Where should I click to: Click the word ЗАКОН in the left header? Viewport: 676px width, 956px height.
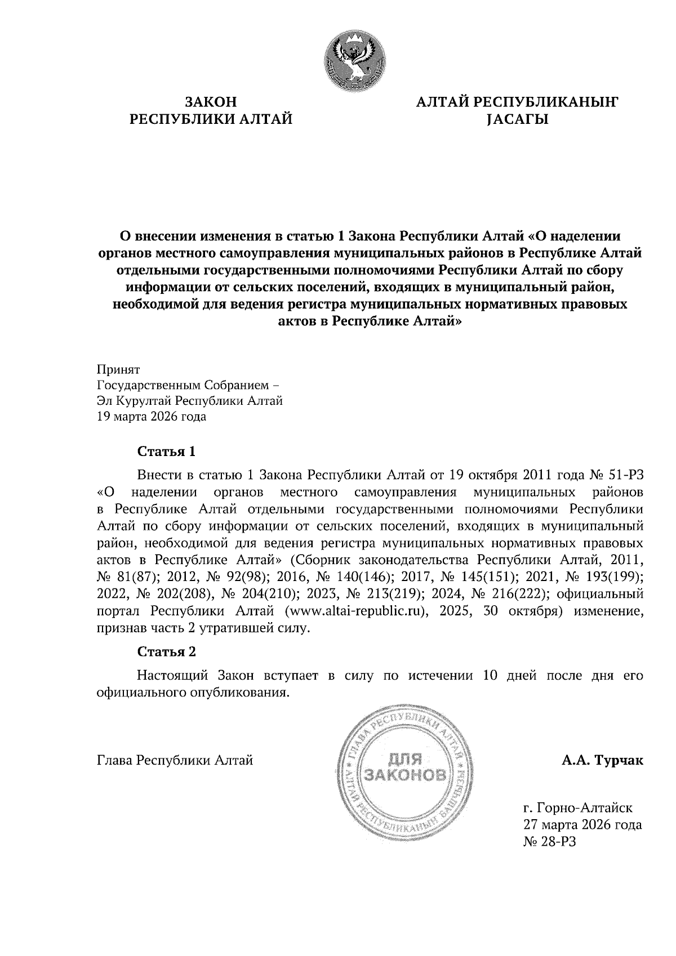211,102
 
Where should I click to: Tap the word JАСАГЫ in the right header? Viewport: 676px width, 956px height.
517,119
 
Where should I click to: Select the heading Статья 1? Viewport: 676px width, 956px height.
167,452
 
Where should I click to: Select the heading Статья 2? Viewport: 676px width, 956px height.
167,652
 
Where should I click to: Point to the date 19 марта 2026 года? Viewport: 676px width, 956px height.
152,417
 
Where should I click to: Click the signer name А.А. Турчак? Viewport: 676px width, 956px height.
602,761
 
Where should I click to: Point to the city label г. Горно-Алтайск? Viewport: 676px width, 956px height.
578,808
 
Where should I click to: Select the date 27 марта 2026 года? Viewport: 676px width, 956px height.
582,825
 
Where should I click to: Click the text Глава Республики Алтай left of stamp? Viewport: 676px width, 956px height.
175,761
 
